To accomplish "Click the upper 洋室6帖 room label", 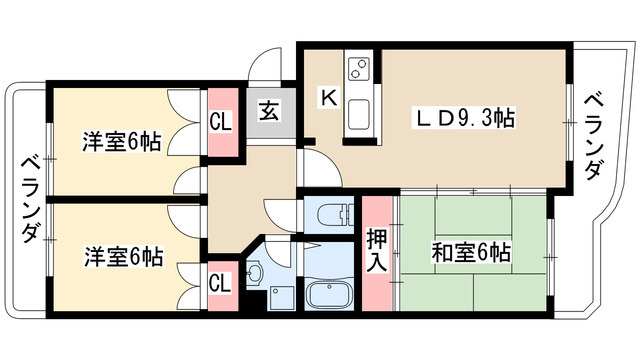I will point(122,141).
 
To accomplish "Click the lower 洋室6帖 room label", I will point(122,255).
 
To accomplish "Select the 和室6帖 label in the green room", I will point(472,251).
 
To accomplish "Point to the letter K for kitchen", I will point(327,97).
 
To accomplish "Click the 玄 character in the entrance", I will point(270,112).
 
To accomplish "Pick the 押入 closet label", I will point(377,249).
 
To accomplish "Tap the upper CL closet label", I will point(221,123).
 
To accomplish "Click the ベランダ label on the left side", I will point(30,200).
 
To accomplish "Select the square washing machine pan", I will point(277,296).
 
